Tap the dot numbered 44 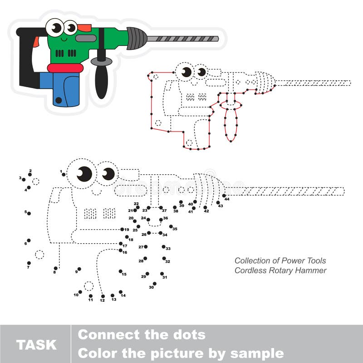click(x=224, y=196)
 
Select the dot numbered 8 click(x=55, y=268)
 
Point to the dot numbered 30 click(x=154, y=284)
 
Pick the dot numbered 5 click(x=29, y=213)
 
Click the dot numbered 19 click(x=122, y=230)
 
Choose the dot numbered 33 click(x=164, y=247)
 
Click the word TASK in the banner click(x=36, y=344)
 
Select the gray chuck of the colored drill click(x=137, y=38)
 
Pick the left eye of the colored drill click(x=56, y=28)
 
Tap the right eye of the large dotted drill click(x=108, y=174)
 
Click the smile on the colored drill click(x=64, y=40)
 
